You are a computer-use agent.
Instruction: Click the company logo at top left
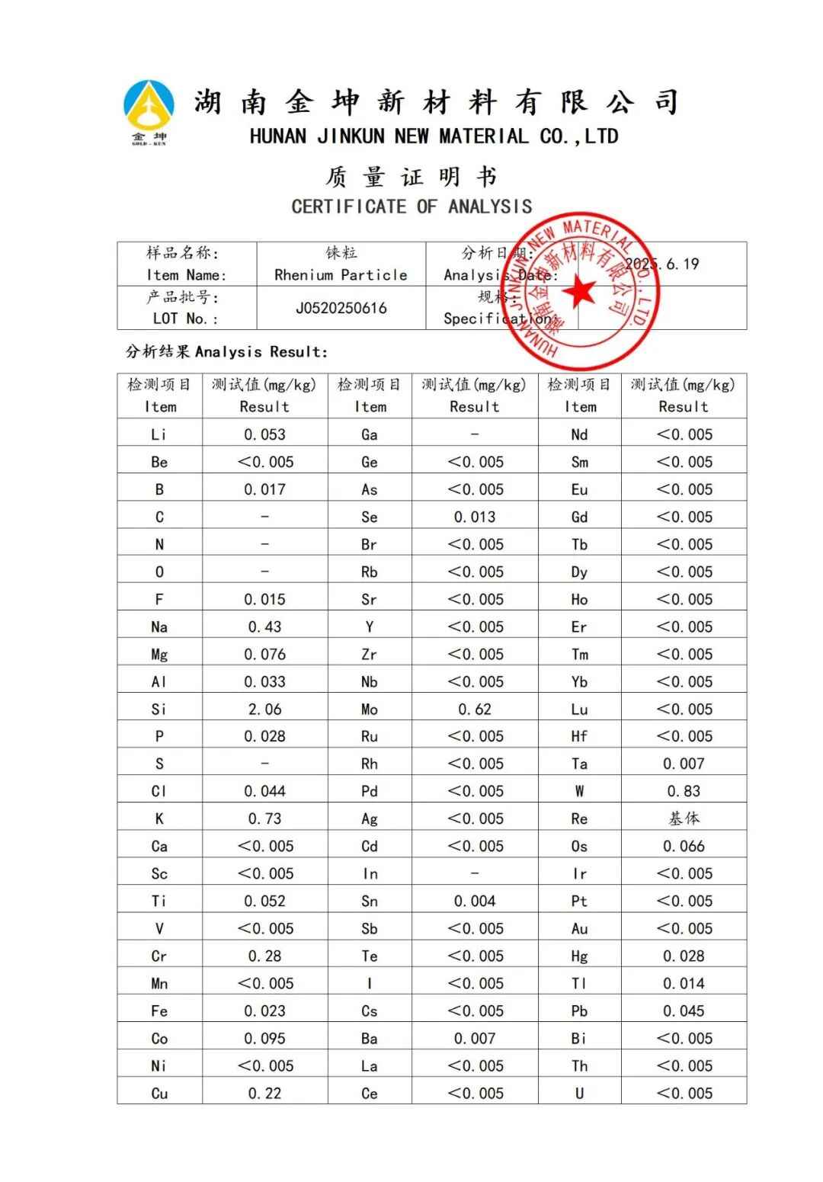pos(149,111)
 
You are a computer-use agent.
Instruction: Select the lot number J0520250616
pos(341,309)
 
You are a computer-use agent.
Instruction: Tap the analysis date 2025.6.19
pos(661,264)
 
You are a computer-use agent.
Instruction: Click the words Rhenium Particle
pos(341,275)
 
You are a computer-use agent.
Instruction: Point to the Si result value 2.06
pos(264,710)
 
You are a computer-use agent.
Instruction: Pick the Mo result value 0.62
pos(475,710)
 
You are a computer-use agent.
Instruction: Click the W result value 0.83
pos(684,792)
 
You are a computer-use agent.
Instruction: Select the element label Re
pos(579,819)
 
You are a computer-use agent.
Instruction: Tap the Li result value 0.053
pos(264,435)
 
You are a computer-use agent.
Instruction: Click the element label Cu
pos(159,1094)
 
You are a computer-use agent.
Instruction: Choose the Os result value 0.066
pos(684,847)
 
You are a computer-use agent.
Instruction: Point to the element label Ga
pos(370,435)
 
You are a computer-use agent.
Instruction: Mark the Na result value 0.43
pos(264,627)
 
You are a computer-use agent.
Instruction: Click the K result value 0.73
pos(264,819)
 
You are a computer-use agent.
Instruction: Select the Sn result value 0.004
pos(475,902)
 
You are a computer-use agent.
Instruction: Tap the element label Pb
pos(579,1011)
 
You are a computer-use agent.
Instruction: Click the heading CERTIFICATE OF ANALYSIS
pos(411,207)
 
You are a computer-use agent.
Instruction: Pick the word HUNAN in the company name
pos(278,137)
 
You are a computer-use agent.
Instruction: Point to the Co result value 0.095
pos(264,1039)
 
